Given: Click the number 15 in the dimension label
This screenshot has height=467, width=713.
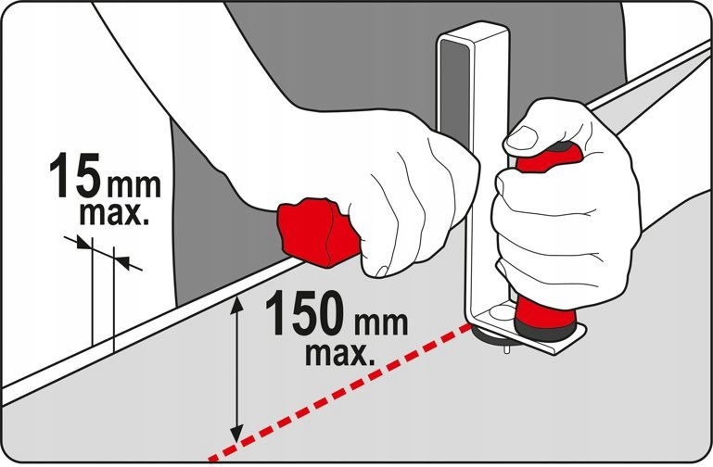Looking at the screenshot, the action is (74, 175).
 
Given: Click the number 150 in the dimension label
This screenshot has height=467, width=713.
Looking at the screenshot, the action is (307, 313).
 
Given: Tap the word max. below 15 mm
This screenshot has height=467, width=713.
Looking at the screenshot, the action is (114, 214).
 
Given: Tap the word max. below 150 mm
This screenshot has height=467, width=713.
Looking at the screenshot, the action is (340, 354).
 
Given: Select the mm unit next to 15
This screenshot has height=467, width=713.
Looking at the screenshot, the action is (134, 186).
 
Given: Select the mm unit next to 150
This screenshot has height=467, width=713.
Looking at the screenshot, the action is (381, 323).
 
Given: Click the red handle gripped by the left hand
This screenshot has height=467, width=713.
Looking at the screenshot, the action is (317, 232).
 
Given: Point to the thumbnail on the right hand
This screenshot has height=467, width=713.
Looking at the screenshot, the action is (522, 138).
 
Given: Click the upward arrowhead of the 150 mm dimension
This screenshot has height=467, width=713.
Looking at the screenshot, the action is (236, 304).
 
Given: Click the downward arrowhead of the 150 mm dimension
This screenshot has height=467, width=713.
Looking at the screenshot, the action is (236, 433).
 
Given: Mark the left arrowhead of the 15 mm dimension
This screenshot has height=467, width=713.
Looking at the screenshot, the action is (83, 243).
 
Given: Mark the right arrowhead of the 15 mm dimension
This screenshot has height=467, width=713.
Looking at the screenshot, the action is (121, 262).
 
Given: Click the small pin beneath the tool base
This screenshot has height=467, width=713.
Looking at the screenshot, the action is (507, 348).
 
